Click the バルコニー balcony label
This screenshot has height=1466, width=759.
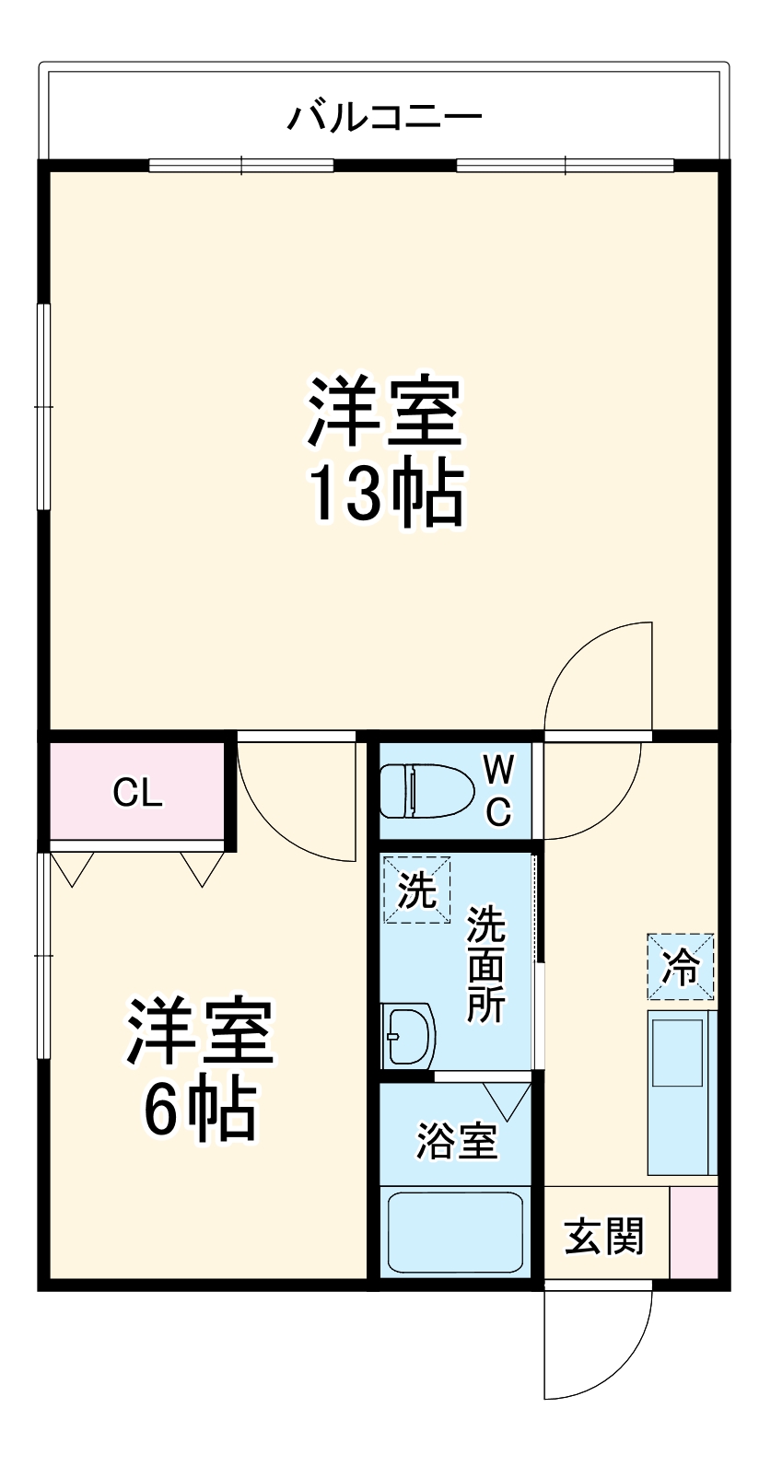384,117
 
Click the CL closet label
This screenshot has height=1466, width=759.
138,793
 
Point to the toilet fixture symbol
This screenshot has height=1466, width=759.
426,790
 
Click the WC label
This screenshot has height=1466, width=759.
498,790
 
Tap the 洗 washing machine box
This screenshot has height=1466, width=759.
417,890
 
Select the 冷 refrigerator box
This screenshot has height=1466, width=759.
681,966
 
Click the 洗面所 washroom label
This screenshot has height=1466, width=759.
485,964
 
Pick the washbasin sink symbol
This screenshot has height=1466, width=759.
408,1035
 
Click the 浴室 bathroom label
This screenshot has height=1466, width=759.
457,1141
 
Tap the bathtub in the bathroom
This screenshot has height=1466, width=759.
455,1231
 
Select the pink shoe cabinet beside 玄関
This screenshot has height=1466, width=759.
694,1232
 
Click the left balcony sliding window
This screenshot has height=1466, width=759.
240,166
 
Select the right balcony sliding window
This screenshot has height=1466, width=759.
565,166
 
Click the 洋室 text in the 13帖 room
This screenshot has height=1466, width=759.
384,413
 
